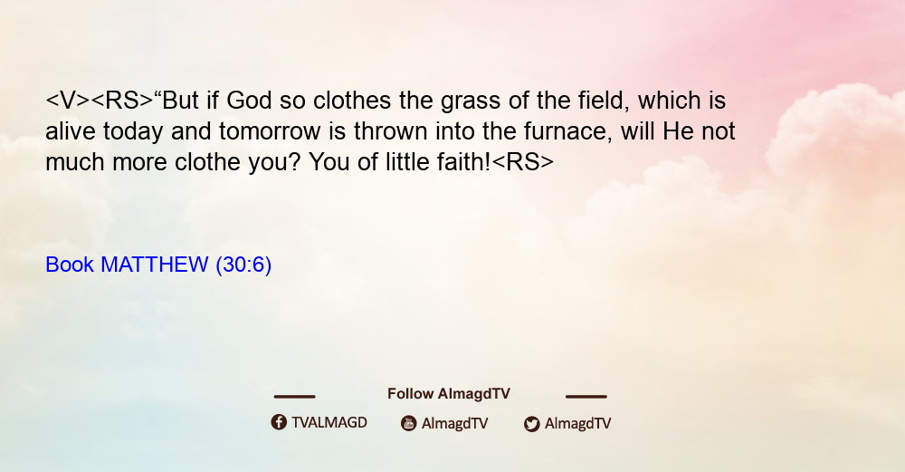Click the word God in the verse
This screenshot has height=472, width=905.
pyautogui.click(x=249, y=101)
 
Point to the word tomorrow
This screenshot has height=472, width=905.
pyautogui.click(x=270, y=131)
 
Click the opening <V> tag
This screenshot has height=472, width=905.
pyautogui.click(x=68, y=101)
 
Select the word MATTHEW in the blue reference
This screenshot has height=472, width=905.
pyautogui.click(x=154, y=265)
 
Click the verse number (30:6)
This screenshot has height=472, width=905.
pyautogui.click(x=243, y=265)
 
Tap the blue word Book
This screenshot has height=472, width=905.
pyautogui.click(x=70, y=265)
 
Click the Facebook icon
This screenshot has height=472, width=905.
pyautogui.click(x=279, y=422)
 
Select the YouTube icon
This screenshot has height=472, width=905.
pyautogui.click(x=409, y=423)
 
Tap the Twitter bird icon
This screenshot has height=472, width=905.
pyautogui.click(x=531, y=424)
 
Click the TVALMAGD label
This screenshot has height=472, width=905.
pyautogui.click(x=329, y=423)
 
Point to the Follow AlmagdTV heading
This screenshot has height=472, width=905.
pyautogui.click(x=449, y=394)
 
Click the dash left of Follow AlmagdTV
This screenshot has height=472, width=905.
pyautogui.click(x=294, y=397)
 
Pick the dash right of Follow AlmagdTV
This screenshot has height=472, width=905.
pyautogui.click(x=586, y=397)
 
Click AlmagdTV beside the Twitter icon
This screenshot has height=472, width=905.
pyautogui.click(x=577, y=424)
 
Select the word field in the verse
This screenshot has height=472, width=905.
pyautogui.click(x=605, y=101)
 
